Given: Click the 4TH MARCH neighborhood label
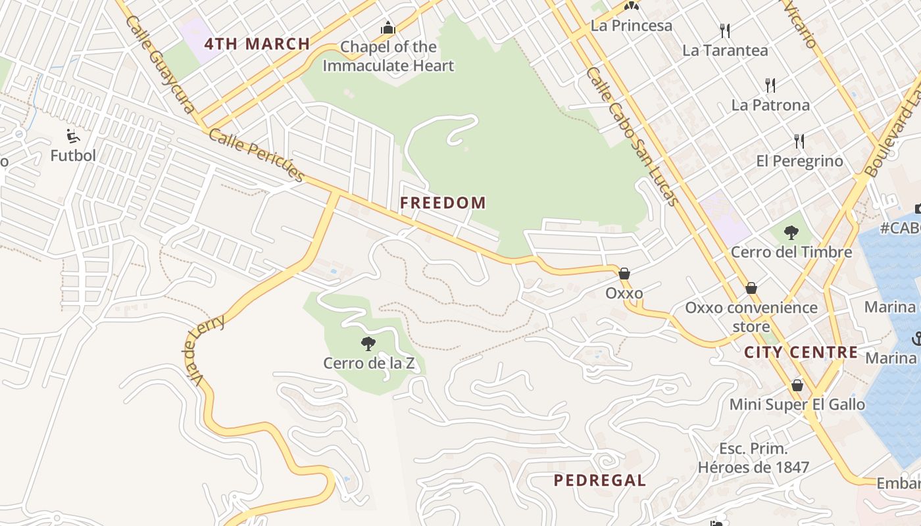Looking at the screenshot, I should point(257,44).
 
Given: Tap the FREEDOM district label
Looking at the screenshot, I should point(443,203).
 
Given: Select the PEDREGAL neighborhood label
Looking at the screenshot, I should point(599,480).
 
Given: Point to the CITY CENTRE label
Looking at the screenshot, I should point(801,352).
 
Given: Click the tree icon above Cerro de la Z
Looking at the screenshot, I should point(368,343).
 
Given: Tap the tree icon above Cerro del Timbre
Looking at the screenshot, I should point(791,232).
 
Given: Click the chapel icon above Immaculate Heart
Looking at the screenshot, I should point(388,28).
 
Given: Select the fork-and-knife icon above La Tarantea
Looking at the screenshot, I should point(725,30).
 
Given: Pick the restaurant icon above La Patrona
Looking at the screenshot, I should point(770,85).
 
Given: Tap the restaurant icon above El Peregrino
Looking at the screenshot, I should point(799,141).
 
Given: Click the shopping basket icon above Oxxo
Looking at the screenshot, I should point(624,274).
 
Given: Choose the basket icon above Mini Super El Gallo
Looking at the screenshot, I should point(797,385).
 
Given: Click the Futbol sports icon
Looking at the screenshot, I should point(73,136).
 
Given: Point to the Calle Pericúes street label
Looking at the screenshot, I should point(257,155).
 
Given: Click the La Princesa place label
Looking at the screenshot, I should point(632,26).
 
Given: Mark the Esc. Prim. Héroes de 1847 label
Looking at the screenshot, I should point(753,458).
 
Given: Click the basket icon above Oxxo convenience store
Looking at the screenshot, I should point(751,288).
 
